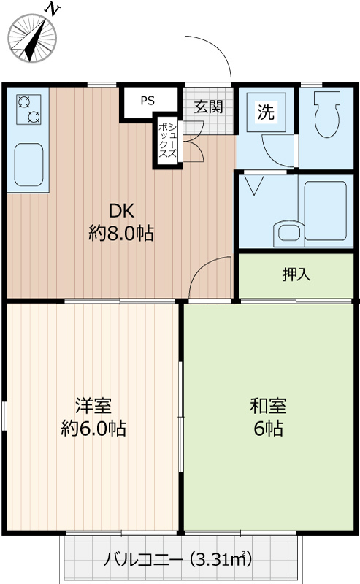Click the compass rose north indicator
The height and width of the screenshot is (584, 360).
tap(32, 38)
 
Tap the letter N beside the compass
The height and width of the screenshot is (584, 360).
tap(52, 9)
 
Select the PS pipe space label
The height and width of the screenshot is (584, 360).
tap(148, 101)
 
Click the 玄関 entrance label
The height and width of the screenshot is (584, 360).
tap(208, 107)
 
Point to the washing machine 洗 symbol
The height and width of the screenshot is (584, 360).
tap(266, 112)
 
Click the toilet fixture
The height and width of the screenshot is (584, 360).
tap(327, 115)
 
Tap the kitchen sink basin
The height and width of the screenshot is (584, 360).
tap(28, 164)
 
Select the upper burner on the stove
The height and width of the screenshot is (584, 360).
tap(24, 101)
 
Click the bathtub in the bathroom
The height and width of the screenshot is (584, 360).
tap(326, 211)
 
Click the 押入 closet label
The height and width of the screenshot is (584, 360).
tap(296, 274)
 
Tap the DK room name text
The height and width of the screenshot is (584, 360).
tap(121, 211)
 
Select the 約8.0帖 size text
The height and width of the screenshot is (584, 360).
tap(121, 234)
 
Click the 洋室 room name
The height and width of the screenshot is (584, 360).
tap(93, 406)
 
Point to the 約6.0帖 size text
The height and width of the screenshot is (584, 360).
tap(93, 429)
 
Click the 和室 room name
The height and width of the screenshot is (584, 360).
tap(268, 406)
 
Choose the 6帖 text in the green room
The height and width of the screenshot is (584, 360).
tap(268, 429)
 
